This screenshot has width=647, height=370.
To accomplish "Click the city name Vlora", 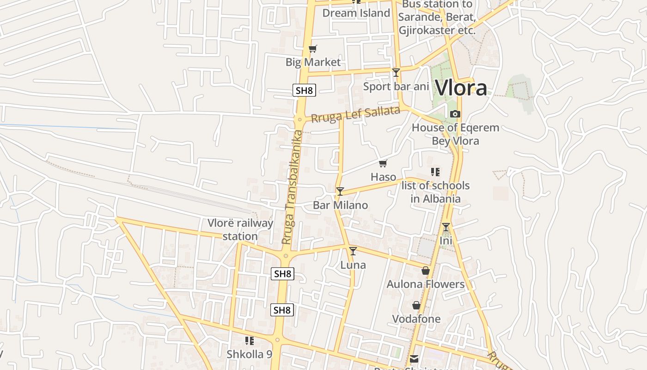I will pyautogui.click(x=461, y=87).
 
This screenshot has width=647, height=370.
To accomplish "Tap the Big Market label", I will pyautogui.click(x=313, y=62).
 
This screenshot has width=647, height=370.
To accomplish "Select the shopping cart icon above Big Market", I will pyautogui.click(x=313, y=49).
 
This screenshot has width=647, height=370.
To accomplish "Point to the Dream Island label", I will pyautogui.click(x=356, y=13).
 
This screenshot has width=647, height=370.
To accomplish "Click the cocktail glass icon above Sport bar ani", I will pyautogui.click(x=396, y=72).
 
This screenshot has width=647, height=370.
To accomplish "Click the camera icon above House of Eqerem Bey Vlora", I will pyautogui.click(x=455, y=114).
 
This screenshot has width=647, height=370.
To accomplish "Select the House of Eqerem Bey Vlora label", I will pyautogui.click(x=455, y=134).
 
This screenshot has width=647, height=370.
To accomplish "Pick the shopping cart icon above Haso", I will pyautogui.click(x=383, y=163).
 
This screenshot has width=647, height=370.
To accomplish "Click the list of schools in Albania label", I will pyautogui.click(x=435, y=192).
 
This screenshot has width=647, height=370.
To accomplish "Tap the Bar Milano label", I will pyautogui.click(x=340, y=205).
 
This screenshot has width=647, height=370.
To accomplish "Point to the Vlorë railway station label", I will pyautogui.click(x=240, y=229).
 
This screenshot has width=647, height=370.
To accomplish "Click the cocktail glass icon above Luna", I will pyautogui.click(x=353, y=251).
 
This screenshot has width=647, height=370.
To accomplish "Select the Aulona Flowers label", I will pyautogui.click(x=425, y=284).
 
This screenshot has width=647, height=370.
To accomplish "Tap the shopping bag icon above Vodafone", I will pyautogui.click(x=416, y=305).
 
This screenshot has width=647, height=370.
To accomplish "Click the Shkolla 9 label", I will pyautogui.click(x=249, y=354).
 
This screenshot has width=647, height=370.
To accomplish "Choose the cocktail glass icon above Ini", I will pyautogui.click(x=446, y=227).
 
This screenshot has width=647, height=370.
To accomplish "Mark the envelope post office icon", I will pyautogui.click(x=414, y=359).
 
